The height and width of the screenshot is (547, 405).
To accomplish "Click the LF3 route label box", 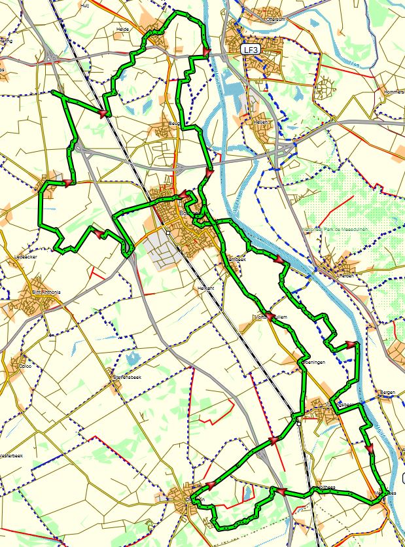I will coord(249,49).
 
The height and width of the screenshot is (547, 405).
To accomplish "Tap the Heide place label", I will coord(122,29).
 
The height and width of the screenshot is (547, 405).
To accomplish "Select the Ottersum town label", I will coord(260,19).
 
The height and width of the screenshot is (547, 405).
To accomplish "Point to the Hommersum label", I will coord(394,92).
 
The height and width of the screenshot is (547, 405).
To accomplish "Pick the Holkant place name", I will coord(205,287).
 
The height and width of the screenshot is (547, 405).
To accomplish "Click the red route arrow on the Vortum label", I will coord(269,315).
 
